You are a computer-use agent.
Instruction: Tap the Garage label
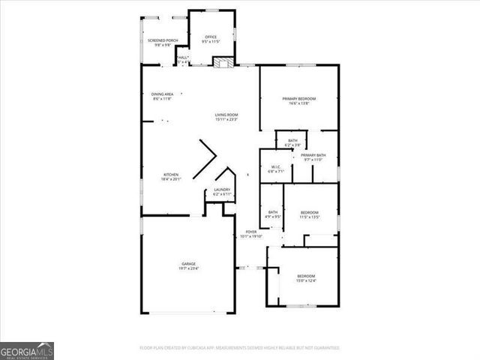click(187, 264)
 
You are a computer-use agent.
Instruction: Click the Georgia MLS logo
click(27, 350)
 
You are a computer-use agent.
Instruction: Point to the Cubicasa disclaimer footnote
click(239, 348)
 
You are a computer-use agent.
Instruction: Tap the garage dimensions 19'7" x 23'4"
click(187, 268)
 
